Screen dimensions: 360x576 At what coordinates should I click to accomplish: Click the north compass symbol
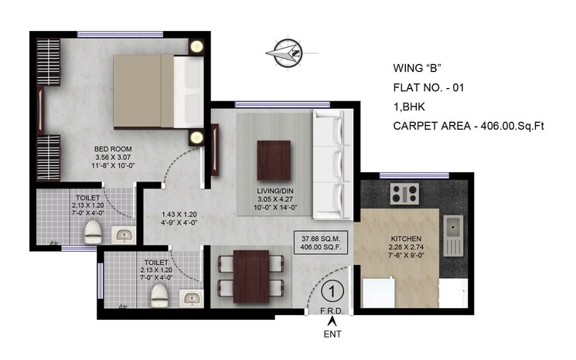click(x=285, y=53)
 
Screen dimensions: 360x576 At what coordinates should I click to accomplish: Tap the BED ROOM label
click(x=113, y=149)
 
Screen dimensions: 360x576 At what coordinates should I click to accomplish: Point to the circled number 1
click(x=331, y=291)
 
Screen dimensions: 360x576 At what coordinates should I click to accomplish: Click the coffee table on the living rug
click(x=274, y=158)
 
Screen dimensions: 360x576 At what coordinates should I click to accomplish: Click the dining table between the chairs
click(x=251, y=276)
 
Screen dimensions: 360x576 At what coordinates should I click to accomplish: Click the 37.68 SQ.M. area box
click(x=319, y=242)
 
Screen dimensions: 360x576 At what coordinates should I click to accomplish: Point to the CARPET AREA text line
click(x=469, y=126)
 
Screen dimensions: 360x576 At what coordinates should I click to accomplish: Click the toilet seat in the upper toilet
click(x=92, y=229)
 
